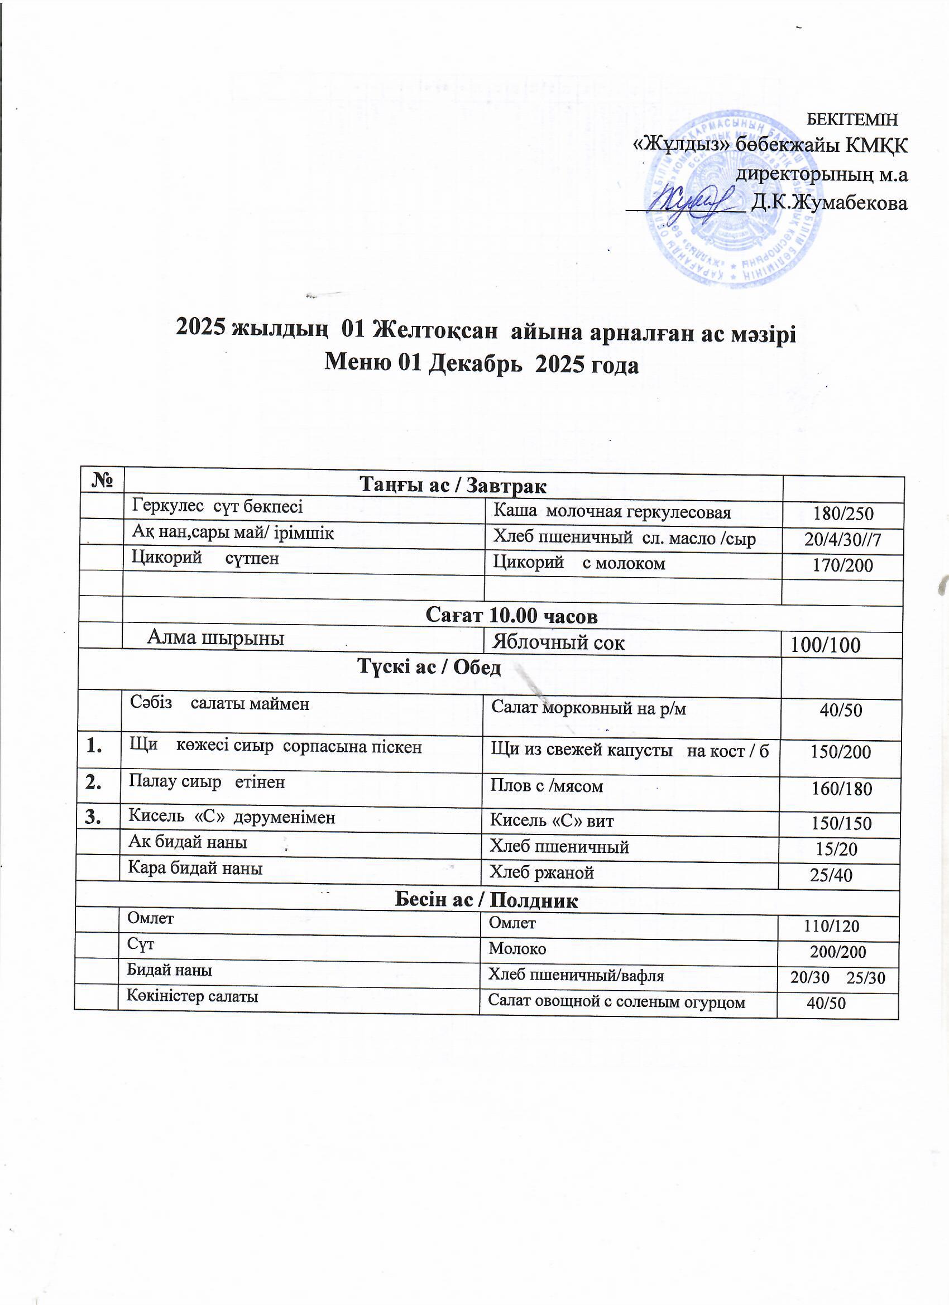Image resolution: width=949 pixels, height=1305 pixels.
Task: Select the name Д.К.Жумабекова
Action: click(830, 203)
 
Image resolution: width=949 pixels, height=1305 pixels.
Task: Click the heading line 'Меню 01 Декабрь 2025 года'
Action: click(482, 364)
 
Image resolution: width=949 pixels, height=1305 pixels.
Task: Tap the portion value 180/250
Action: click(843, 514)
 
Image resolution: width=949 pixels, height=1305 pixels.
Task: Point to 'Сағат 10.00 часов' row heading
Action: click(511, 616)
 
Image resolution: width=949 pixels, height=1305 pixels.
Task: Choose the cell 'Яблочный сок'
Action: click(558, 642)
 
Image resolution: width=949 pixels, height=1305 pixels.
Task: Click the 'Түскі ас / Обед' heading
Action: click(429, 667)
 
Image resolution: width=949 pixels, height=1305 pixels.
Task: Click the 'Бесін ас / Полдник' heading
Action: click(486, 900)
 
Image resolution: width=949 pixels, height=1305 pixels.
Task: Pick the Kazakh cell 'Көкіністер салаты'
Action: click(192, 996)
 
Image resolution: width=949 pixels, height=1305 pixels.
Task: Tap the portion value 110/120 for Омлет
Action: click(831, 926)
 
